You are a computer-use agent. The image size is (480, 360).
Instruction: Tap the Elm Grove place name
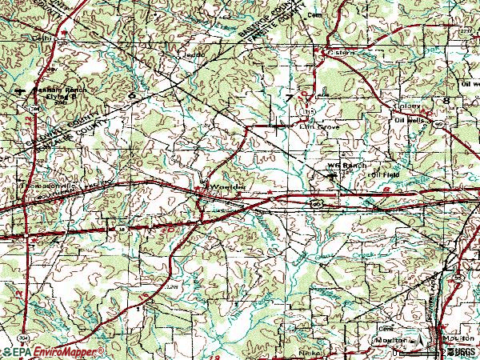tap(319, 126)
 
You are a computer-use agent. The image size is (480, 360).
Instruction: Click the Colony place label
tap(410, 104)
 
